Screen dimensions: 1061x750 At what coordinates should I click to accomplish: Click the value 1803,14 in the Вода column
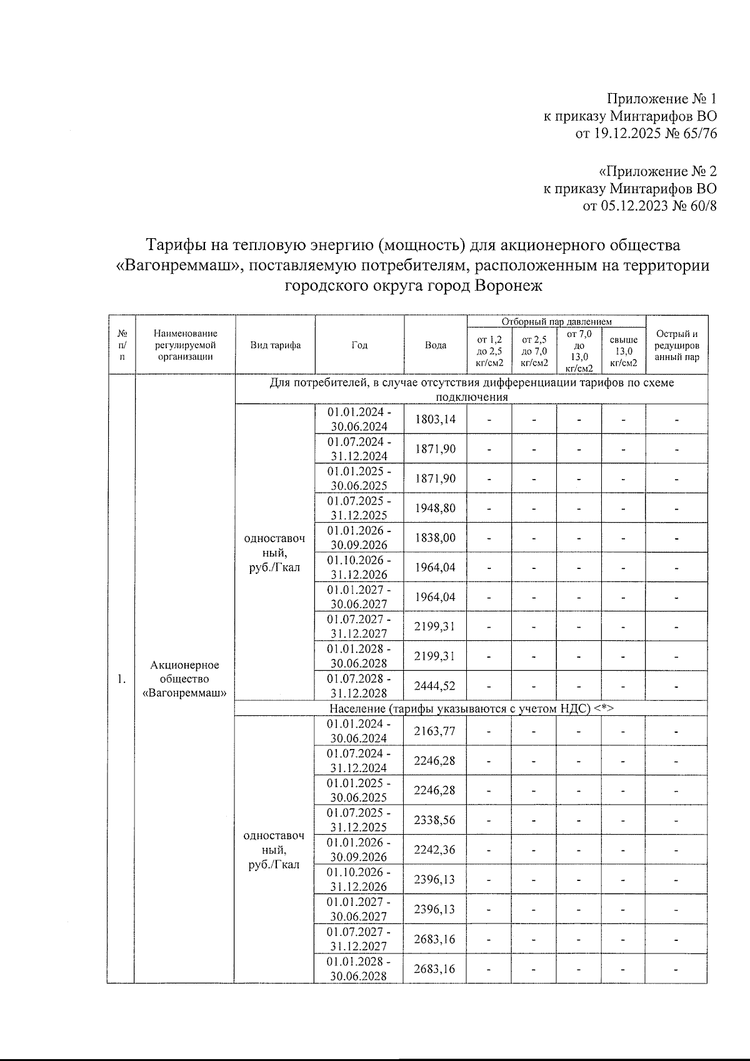click(435, 420)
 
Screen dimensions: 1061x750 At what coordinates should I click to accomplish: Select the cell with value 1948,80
click(435, 508)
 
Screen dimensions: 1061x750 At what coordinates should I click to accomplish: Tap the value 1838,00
click(435, 538)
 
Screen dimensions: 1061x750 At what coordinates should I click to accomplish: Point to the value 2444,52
click(435, 686)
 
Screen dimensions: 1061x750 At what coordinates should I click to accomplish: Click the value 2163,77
click(435, 731)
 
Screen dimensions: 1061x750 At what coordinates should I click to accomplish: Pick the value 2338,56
click(435, 820)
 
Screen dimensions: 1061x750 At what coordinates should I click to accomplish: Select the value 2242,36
click(435, 850)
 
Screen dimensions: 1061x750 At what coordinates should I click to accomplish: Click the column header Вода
click(436, 345)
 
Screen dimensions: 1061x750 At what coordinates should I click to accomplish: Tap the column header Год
click(359, 345)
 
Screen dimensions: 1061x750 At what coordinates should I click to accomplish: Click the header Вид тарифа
click(275, 345)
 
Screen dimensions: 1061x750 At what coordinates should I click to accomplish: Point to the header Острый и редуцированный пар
click(677, 345)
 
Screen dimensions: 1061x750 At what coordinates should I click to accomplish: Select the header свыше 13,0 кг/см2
click(623, 351)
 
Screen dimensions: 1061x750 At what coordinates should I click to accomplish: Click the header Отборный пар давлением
click(556, 321)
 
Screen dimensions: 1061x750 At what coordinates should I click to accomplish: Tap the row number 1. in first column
click(122, 679)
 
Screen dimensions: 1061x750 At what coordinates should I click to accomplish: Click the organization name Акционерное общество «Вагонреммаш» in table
click(184, 679)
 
